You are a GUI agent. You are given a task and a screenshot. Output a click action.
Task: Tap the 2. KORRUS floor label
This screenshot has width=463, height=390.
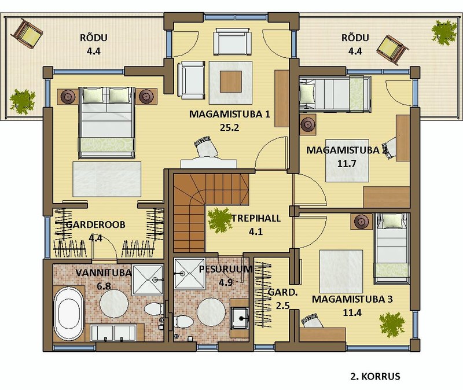pos(375,377)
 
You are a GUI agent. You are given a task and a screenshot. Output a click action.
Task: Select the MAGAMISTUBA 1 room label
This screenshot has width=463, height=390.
pos(229,114)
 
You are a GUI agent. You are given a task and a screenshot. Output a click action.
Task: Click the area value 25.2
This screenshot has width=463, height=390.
pos(229,127)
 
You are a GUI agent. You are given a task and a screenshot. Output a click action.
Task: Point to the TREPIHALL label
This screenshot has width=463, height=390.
pos(256,218)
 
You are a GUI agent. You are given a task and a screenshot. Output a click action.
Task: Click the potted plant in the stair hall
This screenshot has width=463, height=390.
pos(219,220)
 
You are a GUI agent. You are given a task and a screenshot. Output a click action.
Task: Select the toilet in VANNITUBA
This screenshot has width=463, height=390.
pos(153,309)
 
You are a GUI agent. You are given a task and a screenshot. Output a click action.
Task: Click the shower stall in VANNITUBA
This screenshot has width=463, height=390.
pos(148,280)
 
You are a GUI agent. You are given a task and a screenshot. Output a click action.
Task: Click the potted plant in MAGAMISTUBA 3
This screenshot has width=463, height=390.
pos(392,324)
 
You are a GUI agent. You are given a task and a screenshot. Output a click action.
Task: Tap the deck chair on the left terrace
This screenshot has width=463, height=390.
pos(27,33)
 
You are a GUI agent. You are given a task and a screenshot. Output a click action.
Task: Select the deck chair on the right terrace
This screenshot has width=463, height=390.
pos(392,50)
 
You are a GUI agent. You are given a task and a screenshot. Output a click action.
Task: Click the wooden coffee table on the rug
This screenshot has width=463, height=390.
pos(231,82)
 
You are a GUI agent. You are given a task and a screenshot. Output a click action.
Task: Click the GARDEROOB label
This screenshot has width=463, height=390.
pos(95,225)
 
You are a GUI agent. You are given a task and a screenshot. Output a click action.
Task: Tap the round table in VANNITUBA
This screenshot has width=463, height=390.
pos(114,304)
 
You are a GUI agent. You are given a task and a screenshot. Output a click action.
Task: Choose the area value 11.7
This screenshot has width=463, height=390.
pos(347,163)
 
